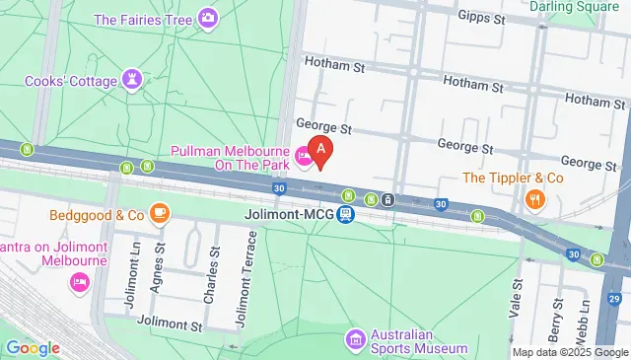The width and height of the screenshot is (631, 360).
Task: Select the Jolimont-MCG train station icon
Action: point(345,213)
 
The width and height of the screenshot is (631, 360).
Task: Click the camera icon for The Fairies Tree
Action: point(208,18)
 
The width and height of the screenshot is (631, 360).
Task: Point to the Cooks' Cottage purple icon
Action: point(132,79)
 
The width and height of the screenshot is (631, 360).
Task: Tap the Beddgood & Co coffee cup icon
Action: point(160,213)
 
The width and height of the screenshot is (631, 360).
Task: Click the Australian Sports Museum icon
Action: point(355,339)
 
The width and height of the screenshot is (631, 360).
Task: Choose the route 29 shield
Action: point(614,298)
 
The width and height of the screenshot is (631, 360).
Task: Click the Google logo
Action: point(33,347)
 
